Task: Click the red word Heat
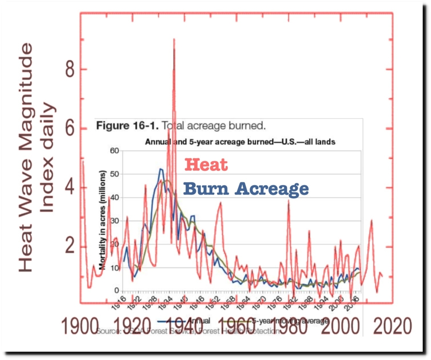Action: pos(206,165)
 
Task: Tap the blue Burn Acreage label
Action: pos(246,189)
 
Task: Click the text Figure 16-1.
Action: pos(125,125)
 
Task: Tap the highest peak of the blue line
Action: pos(161,169)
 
